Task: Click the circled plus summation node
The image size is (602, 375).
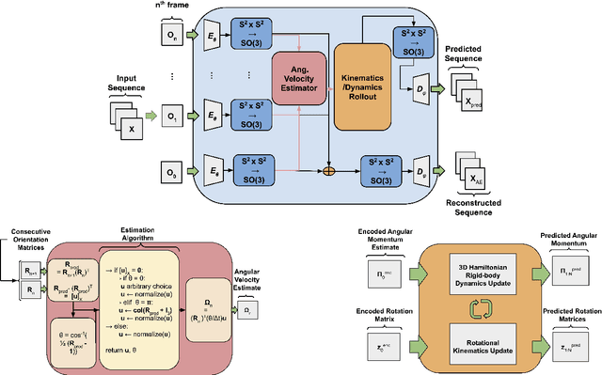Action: [328, 172]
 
